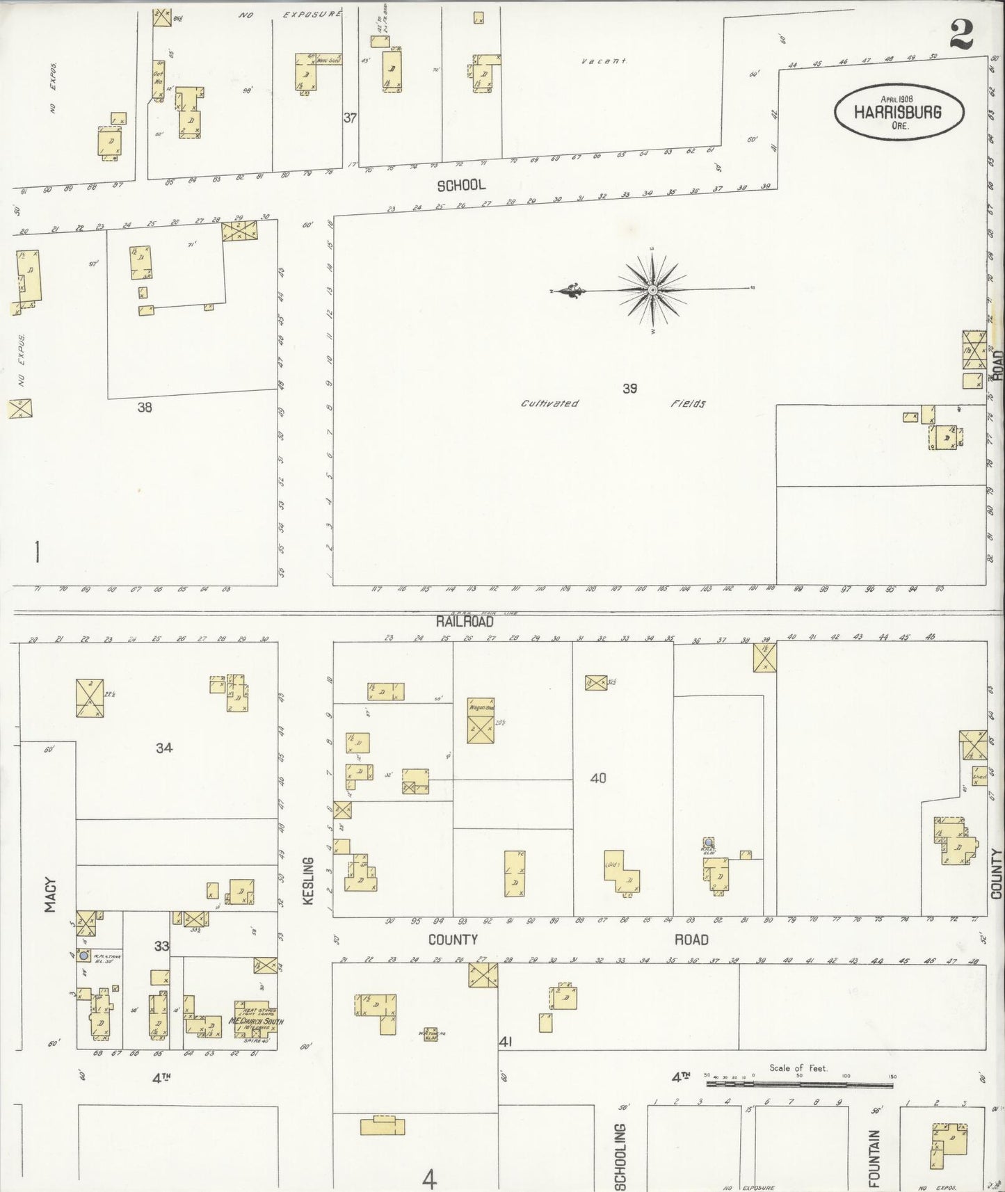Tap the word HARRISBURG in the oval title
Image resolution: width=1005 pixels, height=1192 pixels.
point(898,112)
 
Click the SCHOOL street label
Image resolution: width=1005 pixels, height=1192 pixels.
point(461,186)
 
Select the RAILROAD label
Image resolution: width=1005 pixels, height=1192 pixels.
point(465,621)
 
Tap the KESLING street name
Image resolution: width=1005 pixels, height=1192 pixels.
point(309,881)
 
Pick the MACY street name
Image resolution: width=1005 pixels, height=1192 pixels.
point(50,894)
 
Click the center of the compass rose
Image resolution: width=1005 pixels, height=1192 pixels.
point(653,289)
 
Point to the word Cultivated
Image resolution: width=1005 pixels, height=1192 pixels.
point(549,403)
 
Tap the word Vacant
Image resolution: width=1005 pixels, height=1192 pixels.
point(604,61)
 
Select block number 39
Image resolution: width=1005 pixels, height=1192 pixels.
point(629,389)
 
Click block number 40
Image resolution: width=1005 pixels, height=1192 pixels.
point(598,778)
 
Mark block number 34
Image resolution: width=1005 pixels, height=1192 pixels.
point(164,748)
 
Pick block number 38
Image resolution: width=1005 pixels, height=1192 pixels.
point(144,408)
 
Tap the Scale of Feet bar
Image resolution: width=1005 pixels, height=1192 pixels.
point(800,1083)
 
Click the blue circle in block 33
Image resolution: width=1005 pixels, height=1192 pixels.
point(84,956)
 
